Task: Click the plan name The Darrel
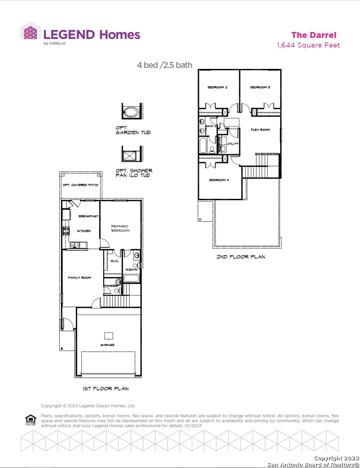click(x=313, y=35)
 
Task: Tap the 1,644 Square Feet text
click(x=308, y=45)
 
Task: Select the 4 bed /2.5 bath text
click(x=165, y=65)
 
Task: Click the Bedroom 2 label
click(x=217, y=88)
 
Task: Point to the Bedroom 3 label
click(x=260, y=88)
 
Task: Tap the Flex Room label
click(x=260, y=130)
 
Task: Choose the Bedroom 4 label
click(x=219, y=180)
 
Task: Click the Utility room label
click(x=233, y=144)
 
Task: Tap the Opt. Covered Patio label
click(x=81, y=185)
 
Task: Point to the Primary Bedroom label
click(x=120, y=228)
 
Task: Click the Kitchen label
click(x=84, y=231)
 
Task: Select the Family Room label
click(x=79, y=277)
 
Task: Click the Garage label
click(x=107, y=345)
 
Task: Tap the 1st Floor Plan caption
click(x=106, y=389)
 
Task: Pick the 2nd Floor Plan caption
click(x=241, y=257)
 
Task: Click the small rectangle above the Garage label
click(x=109, y=335)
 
